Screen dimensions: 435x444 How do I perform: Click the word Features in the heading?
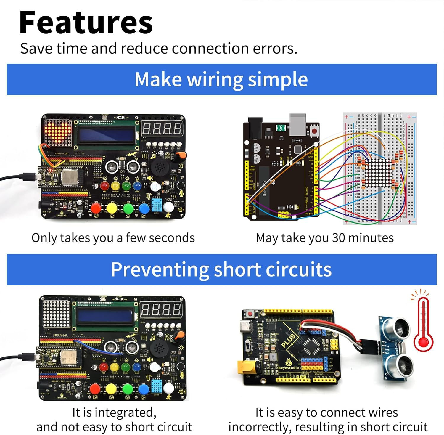coord(86,23)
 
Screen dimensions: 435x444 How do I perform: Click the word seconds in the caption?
coord(176,238)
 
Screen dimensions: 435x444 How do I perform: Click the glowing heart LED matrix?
coord(58,133)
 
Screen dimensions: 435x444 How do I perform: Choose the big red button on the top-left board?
coord(96,208)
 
